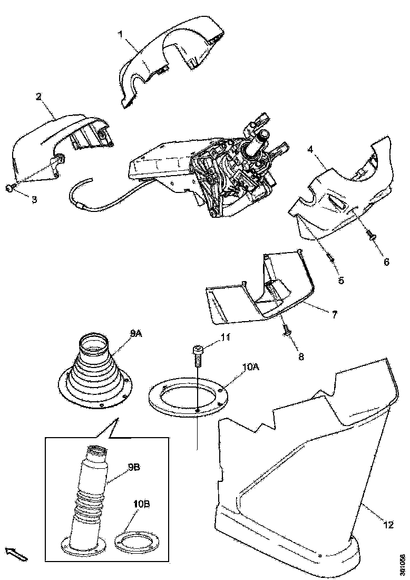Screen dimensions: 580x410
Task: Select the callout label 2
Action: [38, 96]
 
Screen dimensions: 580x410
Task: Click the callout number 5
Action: [341, 280]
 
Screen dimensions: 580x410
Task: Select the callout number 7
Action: [334, 314]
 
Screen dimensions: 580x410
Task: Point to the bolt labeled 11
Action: [197, 354]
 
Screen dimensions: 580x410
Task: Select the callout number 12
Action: [388, 525]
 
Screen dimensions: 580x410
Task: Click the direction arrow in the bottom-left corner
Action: [15, 554]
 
